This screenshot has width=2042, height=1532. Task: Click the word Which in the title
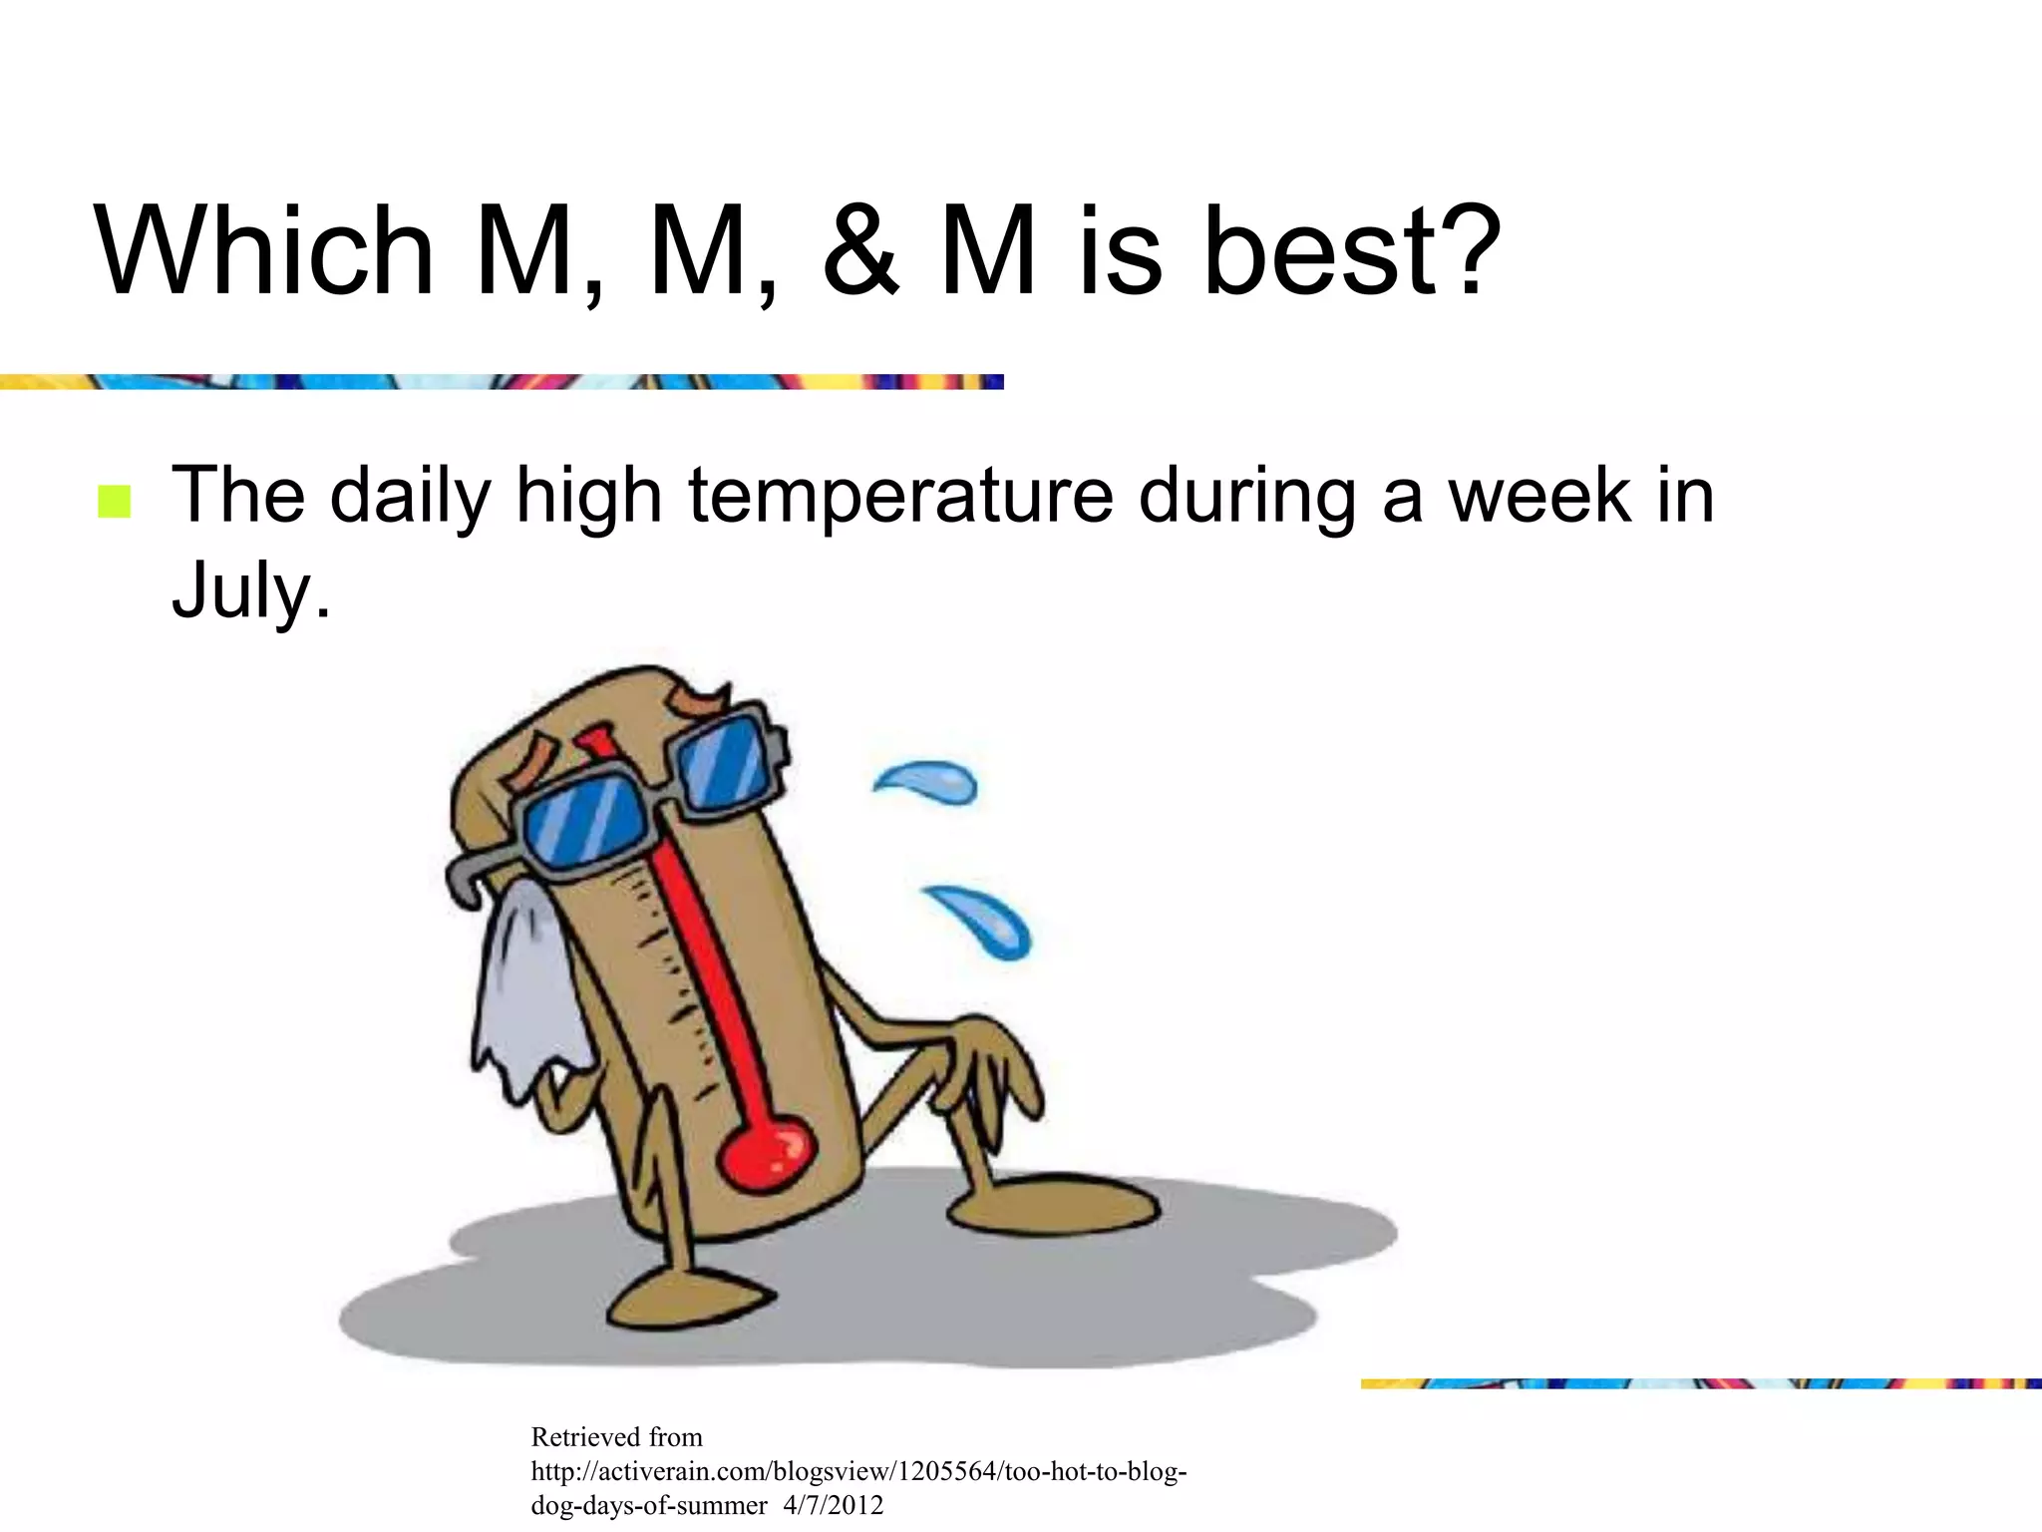pyautogui.click(x=264, y=251)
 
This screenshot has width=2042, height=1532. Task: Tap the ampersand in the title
pyautogui.click(x=860, y=251)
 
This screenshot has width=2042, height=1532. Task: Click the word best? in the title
pyautogui.click(x=1351, y=251)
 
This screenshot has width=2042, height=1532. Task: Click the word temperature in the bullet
pyautogui.click(x=900, y=496)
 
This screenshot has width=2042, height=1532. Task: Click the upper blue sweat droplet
pyautogui.click(x=929, y=782)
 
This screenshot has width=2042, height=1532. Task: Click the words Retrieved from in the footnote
pyautogui.click(x=616, y=1437)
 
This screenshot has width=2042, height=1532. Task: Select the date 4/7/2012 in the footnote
pyautogui.click(x=834, y=1505)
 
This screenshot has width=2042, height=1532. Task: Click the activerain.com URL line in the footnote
pyautogui.click(x=857, y=1471)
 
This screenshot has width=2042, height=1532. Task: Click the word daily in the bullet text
pyautogui.click(x=410, y=496)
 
